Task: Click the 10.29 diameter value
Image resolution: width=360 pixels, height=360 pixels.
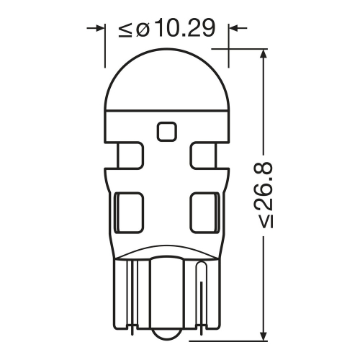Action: pyautogui.click(x=185, y=28)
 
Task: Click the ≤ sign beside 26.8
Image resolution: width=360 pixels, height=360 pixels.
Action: pyautogui.click(x=266, y=220)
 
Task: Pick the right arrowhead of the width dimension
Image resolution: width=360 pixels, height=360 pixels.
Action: pyautogui.click(x=233, y=29)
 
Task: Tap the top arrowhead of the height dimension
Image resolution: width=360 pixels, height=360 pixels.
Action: pyautogui.click(x=264, y=54)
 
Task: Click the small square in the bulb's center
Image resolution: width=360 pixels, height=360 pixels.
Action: pyautogui.click(x=166, y=131)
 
